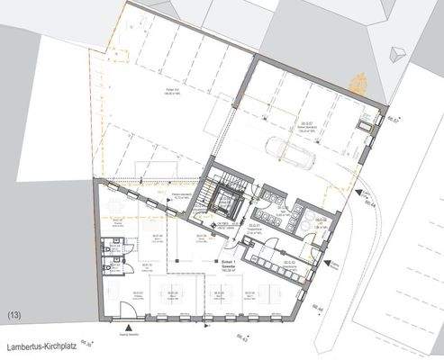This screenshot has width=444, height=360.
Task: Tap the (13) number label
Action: pos(14,315)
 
